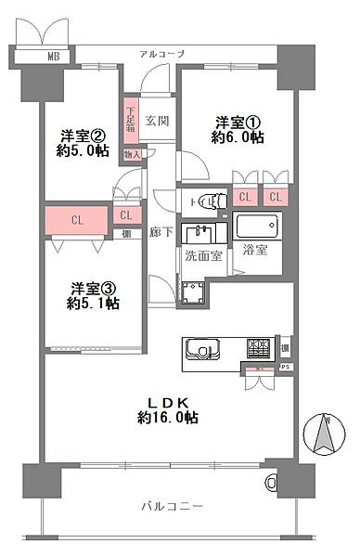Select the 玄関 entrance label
(x=157, y=121)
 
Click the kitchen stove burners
(x=257, y=350)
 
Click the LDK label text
(x=167, y=401)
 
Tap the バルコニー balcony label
(x=172, y=506)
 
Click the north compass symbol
(x=326, y=434)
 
